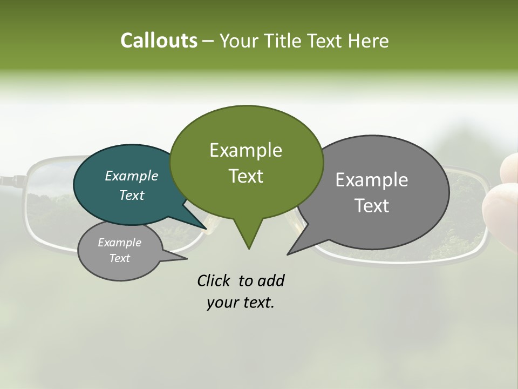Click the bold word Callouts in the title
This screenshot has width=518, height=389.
[159, 41]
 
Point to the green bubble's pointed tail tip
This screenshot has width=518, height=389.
[249, 249]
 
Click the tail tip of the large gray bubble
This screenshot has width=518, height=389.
[288, 254]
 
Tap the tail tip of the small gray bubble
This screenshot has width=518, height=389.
[187, 259]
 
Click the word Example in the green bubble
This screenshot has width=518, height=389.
[246, 150]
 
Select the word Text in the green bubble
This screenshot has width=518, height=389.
[246, 176]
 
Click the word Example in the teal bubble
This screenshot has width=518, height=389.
[131, 176]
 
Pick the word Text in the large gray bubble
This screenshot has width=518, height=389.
[371, 205]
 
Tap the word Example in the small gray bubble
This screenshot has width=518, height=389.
[119, 243]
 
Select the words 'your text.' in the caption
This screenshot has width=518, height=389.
[240, 303]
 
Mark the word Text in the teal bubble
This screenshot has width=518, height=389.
[131, 195]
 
